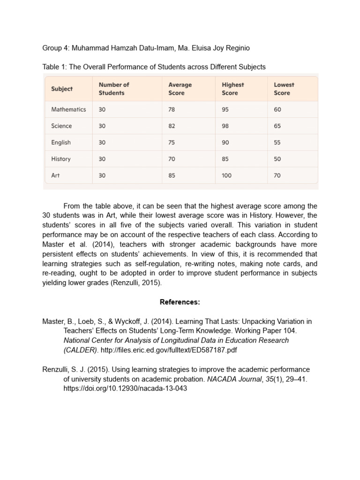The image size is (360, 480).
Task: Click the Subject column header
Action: pos(62,89)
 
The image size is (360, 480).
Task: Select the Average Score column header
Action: pos(180,89)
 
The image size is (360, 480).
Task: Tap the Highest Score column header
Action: pos(233,89)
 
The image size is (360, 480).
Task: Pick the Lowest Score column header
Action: pos(284,89)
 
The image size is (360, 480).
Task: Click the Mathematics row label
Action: pos(68,109)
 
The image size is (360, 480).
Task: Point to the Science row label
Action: pos(61,126)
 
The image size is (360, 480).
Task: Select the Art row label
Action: pos(55,175)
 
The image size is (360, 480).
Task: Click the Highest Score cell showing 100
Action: pos(227,175)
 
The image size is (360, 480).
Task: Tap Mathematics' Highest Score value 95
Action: pos(225,109)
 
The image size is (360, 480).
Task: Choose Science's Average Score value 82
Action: pos(172,126)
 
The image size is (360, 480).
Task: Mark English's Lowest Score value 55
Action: pos(277,142)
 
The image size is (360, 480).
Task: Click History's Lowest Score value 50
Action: pos(277,159)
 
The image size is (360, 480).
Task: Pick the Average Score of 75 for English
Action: pos(172,142)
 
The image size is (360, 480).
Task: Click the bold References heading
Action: pos(180,302)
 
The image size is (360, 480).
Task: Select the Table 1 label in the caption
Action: pos(54,67)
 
